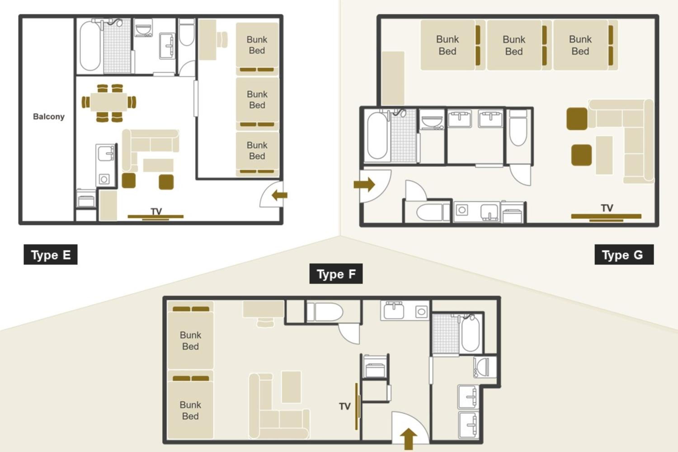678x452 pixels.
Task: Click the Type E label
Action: point(50,254)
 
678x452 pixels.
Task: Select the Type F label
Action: point(336,273)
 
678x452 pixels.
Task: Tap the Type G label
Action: point(624,254)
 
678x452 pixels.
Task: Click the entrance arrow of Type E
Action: point(279,195)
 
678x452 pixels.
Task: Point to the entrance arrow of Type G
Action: point(364,184)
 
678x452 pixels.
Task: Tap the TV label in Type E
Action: point(156,211)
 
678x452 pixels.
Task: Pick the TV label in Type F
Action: point(345,406)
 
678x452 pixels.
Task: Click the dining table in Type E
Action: point(109,102)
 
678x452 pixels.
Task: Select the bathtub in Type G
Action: point(377,135)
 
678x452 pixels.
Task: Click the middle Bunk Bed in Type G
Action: point(514,45)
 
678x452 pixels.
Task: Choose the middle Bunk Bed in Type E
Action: point(257,100)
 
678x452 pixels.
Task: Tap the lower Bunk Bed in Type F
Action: point(190,410)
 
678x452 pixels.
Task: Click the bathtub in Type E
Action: point(90,46)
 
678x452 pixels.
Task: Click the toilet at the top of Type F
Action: point(325,312)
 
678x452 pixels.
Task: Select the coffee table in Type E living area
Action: point(158,165)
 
